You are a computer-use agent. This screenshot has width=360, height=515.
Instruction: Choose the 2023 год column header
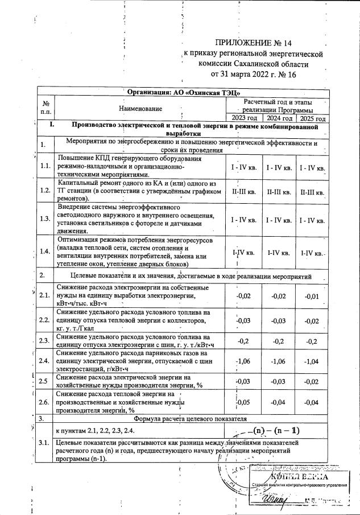pyautogui.click(x=243, y=118)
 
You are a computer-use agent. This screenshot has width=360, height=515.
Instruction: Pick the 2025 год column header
pyautogui.click(x=312, y=118)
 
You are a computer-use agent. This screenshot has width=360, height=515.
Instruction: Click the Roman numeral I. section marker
pyautogui.click(x=52, y=125)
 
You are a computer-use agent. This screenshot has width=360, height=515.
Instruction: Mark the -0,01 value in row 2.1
pyautogui.click(x=312, y=296)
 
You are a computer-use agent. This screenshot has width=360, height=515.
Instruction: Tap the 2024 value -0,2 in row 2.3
pyautogui.click(x=279, y=341)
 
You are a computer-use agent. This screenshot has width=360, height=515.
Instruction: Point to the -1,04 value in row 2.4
pyautogui.click(x=312, y=361)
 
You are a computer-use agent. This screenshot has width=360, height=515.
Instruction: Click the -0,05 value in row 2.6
pyautogui.click(x=243, y=402)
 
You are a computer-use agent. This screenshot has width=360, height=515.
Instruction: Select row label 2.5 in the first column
pyautogui.click(x=45, y=381)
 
